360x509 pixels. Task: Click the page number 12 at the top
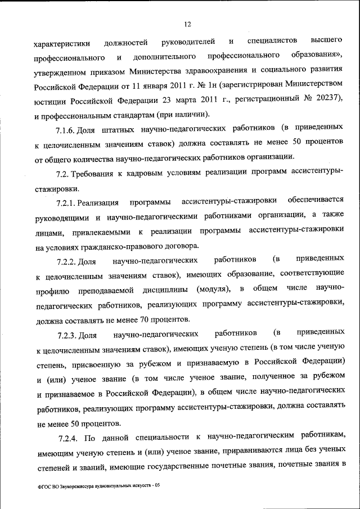coord(188,23)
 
